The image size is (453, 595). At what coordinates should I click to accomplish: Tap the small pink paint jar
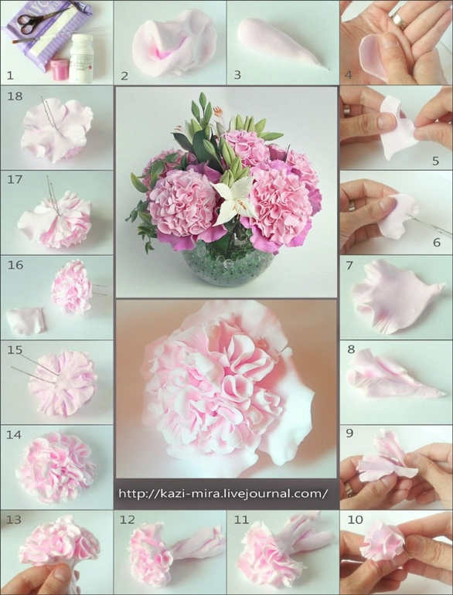pyautogui.click(x=60, y=70)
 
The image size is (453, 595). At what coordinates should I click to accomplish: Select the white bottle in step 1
pyautogui.click(x=81, y=58)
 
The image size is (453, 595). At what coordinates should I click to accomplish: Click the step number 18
pyautogui.click(x=15, y=96)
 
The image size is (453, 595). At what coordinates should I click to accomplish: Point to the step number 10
pyautogui.click(x=355, y=519)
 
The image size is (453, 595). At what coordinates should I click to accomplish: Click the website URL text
pyautogui.click(x=223, y=493)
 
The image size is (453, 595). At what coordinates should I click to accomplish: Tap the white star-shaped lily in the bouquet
pyautogui.click(x=233, y=200)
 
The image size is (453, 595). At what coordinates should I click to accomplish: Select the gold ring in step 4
pyautogui.click(x=398, y=22)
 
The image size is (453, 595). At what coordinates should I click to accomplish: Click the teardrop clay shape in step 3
pyautogui.click(x=281, y=42)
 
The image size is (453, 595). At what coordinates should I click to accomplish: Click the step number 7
pyautogui.click(x=349, y=265)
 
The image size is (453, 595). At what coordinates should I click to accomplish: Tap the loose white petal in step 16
pyautogui.click(x=26, y=321)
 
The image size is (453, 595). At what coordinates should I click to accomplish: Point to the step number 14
pyautogui.click(x=14, y=434)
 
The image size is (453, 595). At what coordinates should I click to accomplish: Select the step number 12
pyautogui.click(x=128, y=519)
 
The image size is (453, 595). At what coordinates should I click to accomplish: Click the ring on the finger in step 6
pyautogui.click(x=351, y=206)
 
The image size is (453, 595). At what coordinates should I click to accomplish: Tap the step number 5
pyautogui.click(x=435, y=161)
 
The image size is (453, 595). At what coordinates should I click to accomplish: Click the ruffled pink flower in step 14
pyautogui.click(x=56, y=467)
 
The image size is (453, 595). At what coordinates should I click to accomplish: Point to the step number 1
pyautogui.click(x=10, y=75)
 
